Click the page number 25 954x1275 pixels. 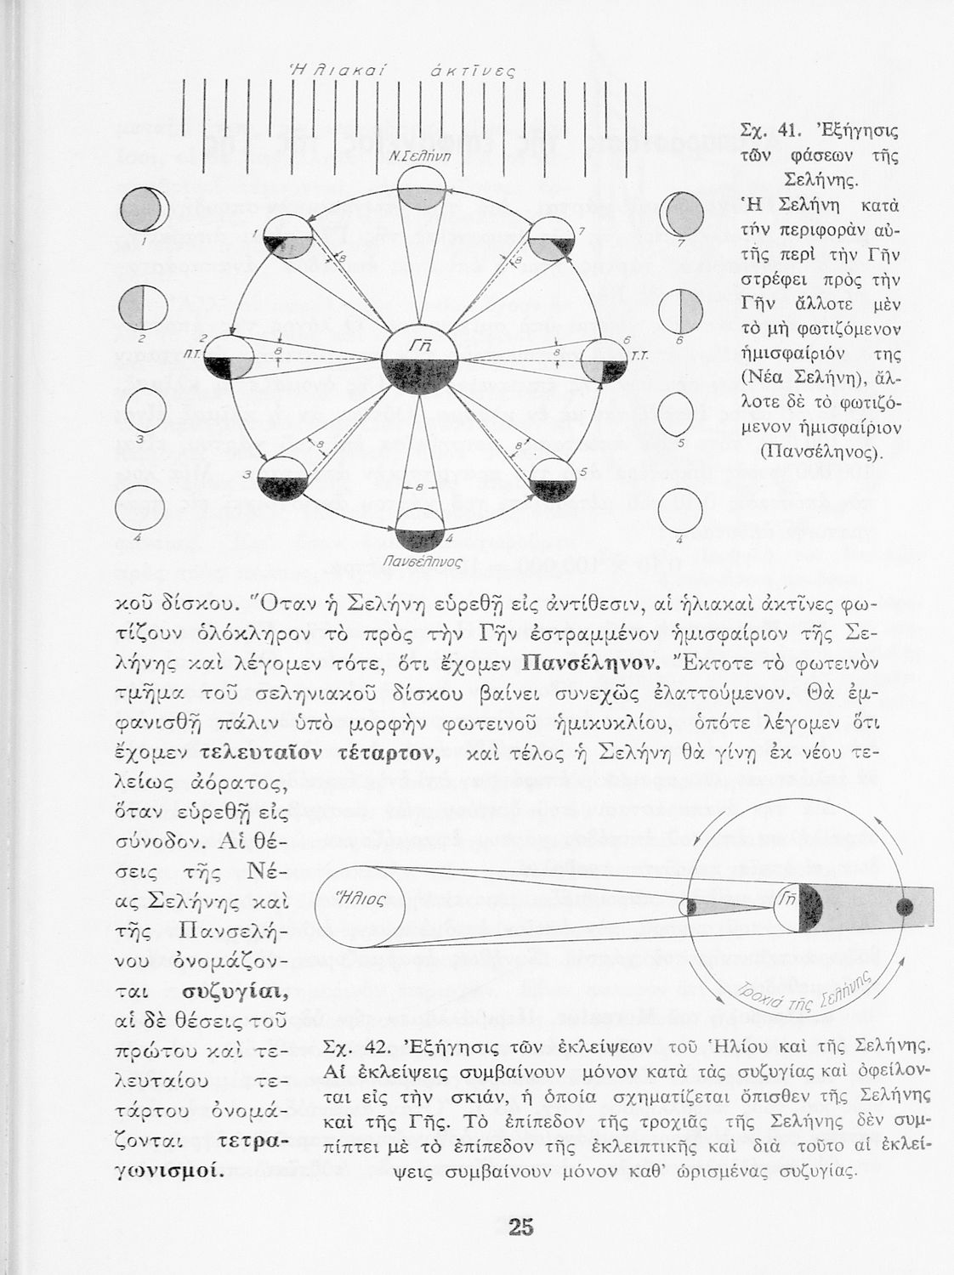point(520,1227)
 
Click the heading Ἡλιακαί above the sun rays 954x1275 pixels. point(339,71)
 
